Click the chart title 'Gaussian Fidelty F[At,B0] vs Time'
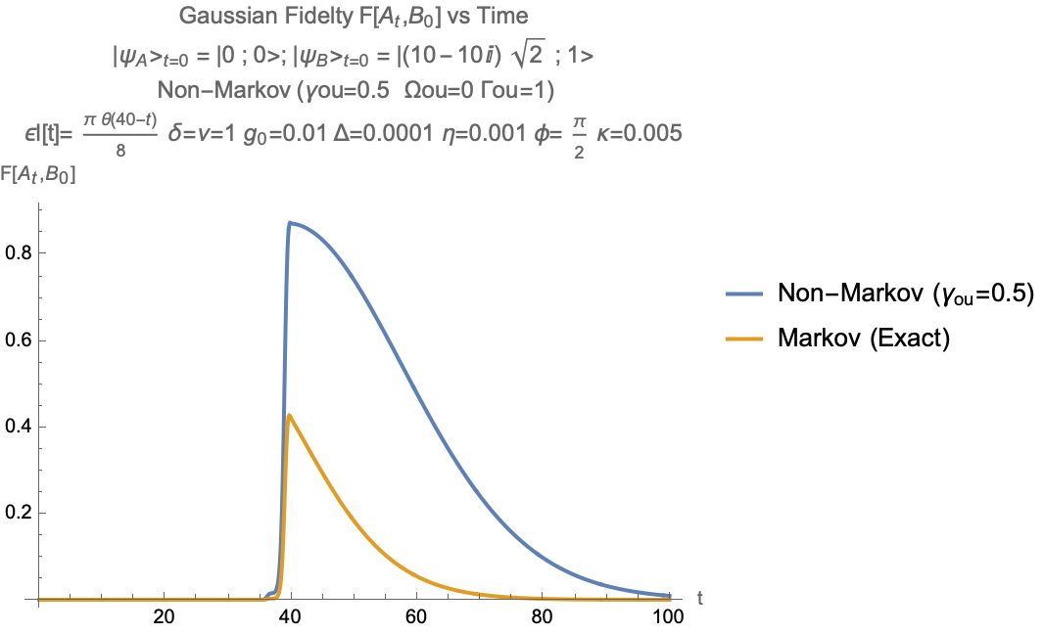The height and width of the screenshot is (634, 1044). tap(355, 17)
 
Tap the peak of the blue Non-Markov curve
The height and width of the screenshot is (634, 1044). tap(289, 223)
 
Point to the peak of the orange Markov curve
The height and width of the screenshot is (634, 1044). tap(289, 415)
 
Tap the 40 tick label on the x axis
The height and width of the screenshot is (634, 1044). tap(290, 617)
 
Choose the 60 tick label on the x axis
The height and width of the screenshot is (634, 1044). tap(416, 617)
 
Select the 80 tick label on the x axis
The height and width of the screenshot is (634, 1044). tap(543, 617)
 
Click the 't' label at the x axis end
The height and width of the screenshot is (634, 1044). tap(698, 596)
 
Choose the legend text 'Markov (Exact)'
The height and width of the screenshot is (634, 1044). tap(863, 339)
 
